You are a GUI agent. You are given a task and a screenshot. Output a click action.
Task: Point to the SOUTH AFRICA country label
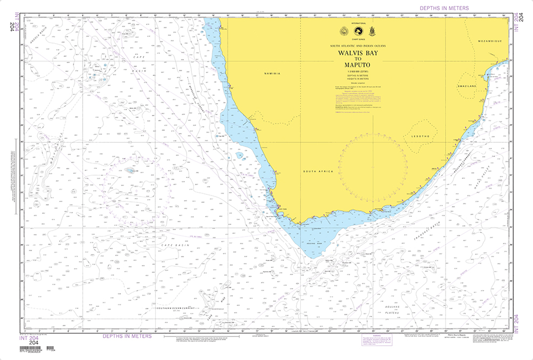tap(318, 171)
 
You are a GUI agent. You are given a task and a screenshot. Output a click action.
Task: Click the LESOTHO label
tap(421, 137)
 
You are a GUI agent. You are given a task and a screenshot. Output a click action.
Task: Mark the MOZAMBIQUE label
tap(491, 41)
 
